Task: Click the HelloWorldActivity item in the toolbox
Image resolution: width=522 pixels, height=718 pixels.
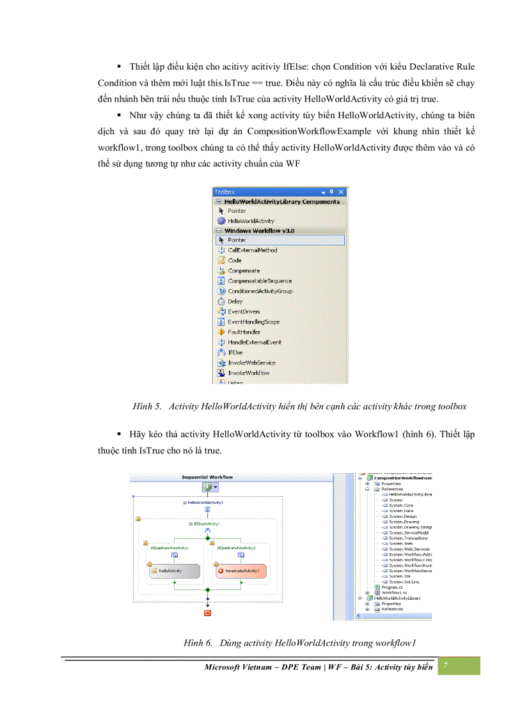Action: coord(250,221)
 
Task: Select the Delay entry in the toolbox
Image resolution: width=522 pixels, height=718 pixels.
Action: coord(235,301)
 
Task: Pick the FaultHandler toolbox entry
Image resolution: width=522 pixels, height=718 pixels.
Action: coord(243,332)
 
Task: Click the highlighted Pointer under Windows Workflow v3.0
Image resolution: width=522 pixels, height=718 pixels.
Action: coord(237,240)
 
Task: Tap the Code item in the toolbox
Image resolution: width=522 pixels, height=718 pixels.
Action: coord(234,260)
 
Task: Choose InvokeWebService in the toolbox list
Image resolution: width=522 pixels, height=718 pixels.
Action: coord(251,363)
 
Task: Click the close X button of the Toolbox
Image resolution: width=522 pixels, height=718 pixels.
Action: coord(341,192)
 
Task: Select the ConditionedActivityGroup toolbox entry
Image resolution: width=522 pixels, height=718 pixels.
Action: coord(259,291)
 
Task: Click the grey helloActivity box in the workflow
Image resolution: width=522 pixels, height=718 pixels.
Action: coord(175,570)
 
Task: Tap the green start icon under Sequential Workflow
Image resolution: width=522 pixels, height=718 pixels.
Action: coord(207,487)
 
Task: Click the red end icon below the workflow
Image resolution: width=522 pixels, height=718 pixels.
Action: coord(207,613)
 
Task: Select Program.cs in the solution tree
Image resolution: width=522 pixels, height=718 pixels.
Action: coord(390,587)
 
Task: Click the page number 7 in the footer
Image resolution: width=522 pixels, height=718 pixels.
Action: coord(446,666)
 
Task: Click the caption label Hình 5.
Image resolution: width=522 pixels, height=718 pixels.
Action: coord(146,406)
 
